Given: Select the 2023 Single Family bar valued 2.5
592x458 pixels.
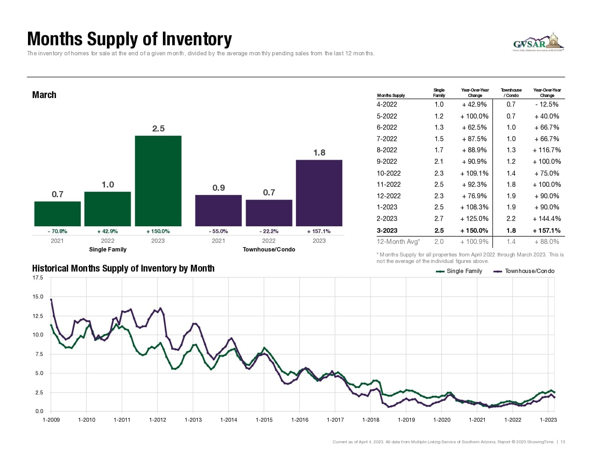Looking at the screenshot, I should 158,181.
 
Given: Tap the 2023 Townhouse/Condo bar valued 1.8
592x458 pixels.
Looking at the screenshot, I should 319,193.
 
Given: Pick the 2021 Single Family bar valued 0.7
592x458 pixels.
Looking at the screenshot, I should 57,214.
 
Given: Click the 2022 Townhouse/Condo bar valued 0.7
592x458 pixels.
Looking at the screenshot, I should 269,213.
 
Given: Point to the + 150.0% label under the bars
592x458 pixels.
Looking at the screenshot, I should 158,231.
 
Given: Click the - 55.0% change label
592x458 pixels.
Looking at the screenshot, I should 218,231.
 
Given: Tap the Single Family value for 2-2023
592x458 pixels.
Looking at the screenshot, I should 439,218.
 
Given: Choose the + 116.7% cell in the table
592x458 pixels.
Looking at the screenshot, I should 547,150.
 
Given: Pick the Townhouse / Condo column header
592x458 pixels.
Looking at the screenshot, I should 511,93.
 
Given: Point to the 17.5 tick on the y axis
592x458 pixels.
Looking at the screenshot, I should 38,278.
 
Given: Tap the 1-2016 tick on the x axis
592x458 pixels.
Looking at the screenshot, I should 300,420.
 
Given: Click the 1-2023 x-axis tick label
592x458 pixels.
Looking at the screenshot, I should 548,420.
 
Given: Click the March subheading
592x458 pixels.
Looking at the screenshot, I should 44,95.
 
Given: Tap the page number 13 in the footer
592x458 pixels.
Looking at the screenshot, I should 563,442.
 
